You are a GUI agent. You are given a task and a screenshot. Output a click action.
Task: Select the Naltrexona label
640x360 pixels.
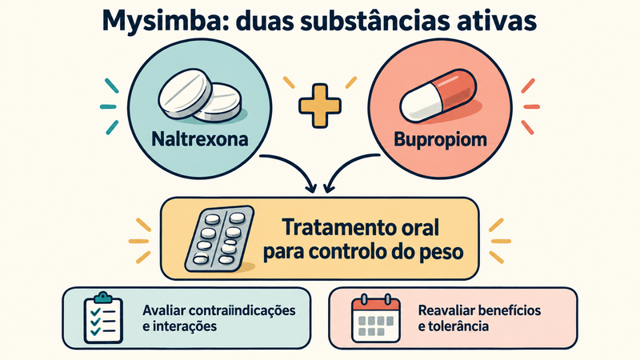point(199,138)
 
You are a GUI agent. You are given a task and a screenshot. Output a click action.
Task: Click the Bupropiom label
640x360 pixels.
point(440,139)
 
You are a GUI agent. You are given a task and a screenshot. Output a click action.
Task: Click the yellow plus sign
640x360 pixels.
point(320,106)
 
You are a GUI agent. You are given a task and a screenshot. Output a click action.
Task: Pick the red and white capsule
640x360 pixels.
point(438,96)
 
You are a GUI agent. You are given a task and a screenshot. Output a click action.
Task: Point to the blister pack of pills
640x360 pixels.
point(219,238)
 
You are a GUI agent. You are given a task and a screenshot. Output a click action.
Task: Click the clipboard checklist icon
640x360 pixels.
point(103,318)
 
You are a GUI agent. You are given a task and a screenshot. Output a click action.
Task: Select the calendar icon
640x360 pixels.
point(376,318)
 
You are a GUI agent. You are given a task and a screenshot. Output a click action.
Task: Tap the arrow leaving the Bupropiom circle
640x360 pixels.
point(348,167)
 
